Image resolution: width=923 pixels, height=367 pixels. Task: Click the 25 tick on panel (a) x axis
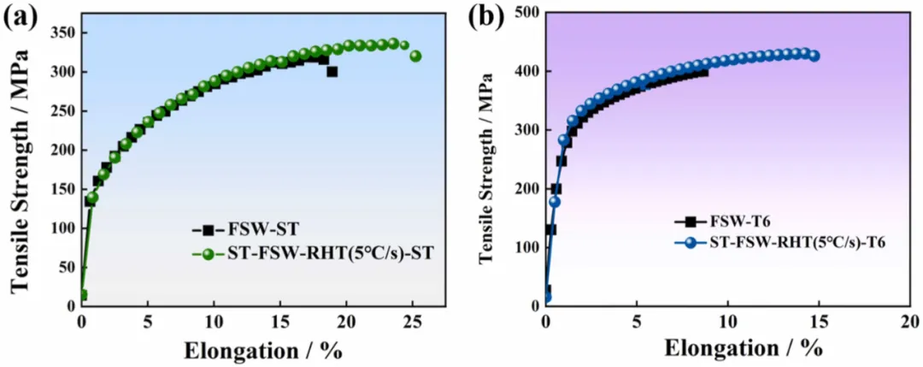pos(412,323)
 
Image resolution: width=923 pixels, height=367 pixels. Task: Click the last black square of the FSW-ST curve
pos(332,72)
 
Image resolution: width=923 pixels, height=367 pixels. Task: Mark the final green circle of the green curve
pos(415,56)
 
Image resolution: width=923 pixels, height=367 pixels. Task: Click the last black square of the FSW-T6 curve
pos(703,73)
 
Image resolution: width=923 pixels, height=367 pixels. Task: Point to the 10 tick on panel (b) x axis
pos(727,323)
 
